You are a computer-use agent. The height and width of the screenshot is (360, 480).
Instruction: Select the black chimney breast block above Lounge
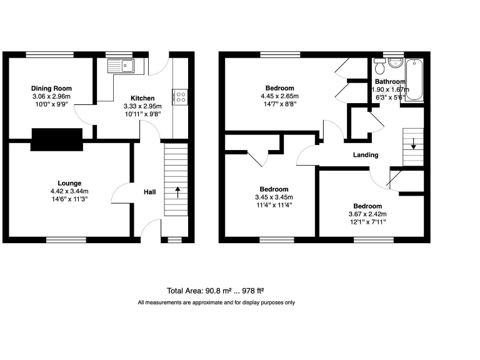pyautogui.click(x=57, y=139)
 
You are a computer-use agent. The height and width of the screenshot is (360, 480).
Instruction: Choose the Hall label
pyautogui.click(x=150, y=192)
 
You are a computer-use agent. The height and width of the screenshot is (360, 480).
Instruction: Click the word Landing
pyautogui.click(x=365, y=155)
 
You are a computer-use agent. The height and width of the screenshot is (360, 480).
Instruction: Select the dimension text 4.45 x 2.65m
pyautogui.click(x=279, y=96)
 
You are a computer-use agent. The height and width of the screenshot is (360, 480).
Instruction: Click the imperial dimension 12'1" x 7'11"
pyautogui.click(x=367, y=222)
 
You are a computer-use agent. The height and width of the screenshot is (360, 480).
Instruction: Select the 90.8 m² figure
pyautogui.click(x=215, y=291)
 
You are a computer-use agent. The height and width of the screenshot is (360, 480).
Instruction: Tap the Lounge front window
pyautogui.click(x=66, y=239)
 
